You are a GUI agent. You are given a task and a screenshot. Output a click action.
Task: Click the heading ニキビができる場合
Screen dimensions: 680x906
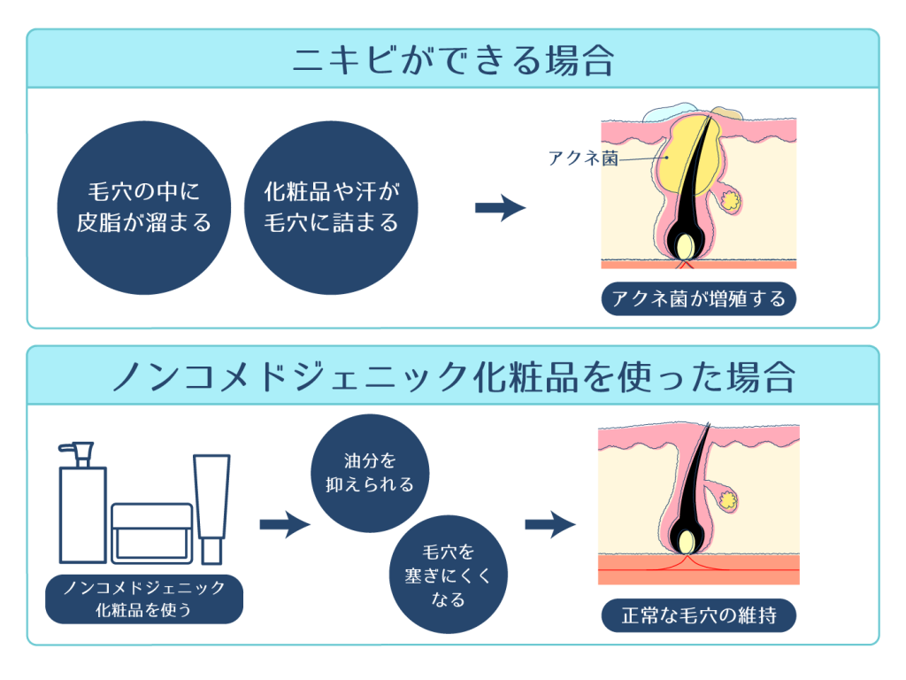pos(453,60)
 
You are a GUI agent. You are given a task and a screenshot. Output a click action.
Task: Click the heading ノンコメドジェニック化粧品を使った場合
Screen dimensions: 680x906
pos(453,376)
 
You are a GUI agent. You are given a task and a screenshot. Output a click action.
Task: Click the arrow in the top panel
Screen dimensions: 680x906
pos(500,208)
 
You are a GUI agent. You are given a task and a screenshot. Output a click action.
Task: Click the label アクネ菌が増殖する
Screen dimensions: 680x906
pos(698,298)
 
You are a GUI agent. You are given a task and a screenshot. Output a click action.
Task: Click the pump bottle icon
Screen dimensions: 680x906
pos(82,505)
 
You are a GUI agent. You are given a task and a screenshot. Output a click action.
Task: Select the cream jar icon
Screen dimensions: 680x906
pos(152,531)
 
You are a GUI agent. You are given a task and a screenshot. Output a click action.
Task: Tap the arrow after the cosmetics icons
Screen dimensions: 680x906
pos(285,524)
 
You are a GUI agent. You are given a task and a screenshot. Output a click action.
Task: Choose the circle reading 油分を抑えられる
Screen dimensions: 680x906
pos(371,474)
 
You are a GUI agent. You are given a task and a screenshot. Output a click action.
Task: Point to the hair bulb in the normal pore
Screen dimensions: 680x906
pos(687,540)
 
